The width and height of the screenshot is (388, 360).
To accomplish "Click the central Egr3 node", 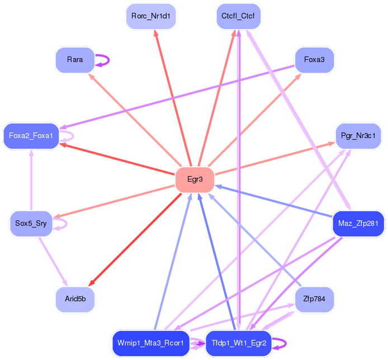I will click(195, 180).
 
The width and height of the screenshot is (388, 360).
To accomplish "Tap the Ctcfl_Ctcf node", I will click(238, 16).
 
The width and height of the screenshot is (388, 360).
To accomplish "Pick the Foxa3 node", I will click(314, 60).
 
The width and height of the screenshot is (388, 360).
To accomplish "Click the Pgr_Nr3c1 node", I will click(358, 135).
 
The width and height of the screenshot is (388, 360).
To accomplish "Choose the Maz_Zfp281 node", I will click(358, 224).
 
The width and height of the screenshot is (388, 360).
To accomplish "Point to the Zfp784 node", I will click(314, 300).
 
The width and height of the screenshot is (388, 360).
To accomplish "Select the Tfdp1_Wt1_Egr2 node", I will click(239, 343).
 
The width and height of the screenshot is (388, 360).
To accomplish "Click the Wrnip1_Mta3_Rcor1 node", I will click(150, 343).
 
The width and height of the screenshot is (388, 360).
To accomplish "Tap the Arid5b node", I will click(75, 300).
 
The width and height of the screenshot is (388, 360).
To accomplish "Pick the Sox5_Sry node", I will click(31, 224).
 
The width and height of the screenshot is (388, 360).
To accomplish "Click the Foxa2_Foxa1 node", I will click(31, 136).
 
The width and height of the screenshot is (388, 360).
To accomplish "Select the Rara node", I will click(75, 60).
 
